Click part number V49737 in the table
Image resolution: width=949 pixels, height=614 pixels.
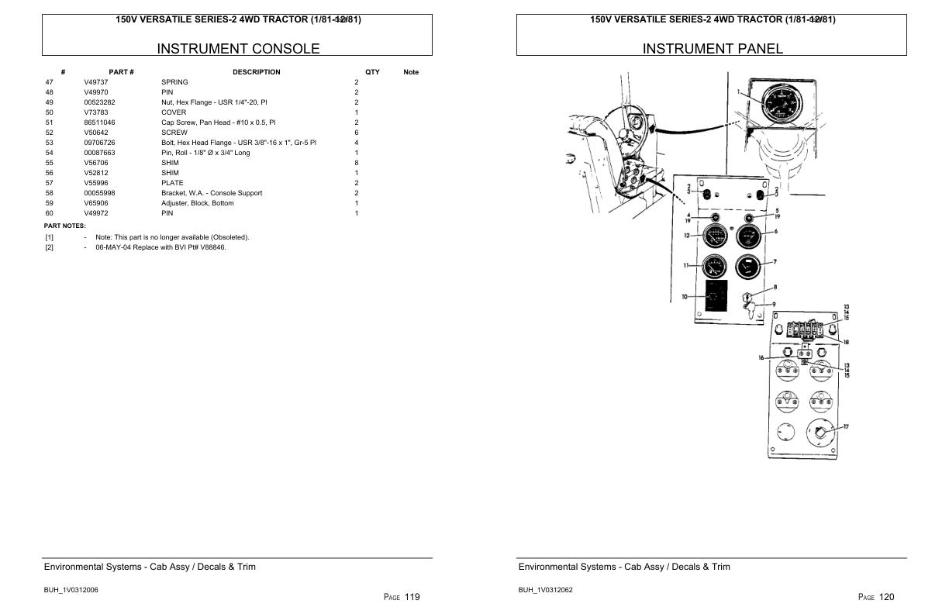tap(96, 82)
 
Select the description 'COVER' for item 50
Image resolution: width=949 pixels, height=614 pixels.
tap(174, 112)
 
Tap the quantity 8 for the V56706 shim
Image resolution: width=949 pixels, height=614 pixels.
tap(357, 163)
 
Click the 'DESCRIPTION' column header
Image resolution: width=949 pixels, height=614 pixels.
tap(256, 72)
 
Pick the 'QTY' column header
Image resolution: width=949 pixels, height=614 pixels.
tap(372, 72)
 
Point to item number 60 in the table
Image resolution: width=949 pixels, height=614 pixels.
tap(50, 213)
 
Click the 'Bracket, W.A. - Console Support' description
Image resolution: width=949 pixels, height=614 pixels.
tap(212, 193)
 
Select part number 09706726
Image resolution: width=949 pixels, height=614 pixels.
tap(99, 143)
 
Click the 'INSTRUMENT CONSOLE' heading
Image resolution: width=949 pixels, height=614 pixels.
tap(238, 49)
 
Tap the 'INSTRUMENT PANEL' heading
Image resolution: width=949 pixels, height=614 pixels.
tap(713, 49)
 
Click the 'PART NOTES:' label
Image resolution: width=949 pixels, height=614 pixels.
tap(64, 226)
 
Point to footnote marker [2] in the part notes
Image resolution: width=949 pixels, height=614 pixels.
tap(50, 247)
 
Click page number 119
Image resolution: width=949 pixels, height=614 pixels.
tap(412, 597)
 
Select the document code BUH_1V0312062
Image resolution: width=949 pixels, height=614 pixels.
tap(545, 590)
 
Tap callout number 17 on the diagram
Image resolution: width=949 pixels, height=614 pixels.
tap(846, 426)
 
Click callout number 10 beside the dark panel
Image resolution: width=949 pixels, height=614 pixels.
tap(685, 297)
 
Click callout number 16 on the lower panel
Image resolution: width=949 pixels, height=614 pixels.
tap(761, 357)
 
